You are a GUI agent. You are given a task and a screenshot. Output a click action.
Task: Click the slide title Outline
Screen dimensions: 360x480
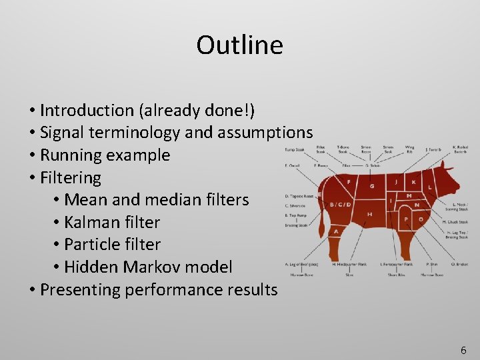point(239,45)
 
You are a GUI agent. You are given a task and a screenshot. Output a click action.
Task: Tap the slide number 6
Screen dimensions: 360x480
point(463,350)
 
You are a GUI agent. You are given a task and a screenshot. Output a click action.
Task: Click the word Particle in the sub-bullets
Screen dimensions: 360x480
point(92,245)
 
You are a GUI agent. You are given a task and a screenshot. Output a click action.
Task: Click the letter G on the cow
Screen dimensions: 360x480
point(372,187)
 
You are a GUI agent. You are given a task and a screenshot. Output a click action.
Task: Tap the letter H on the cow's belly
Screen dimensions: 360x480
point(369,213)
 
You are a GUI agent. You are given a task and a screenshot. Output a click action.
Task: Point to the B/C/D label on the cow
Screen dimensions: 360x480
point(341,204)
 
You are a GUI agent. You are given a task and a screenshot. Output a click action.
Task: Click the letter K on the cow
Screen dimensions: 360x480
point(413,181)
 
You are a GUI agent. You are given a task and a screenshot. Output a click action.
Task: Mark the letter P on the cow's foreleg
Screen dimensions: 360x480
point(406,219)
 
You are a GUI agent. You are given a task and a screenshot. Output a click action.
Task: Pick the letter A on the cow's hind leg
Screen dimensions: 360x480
point(336,231)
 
